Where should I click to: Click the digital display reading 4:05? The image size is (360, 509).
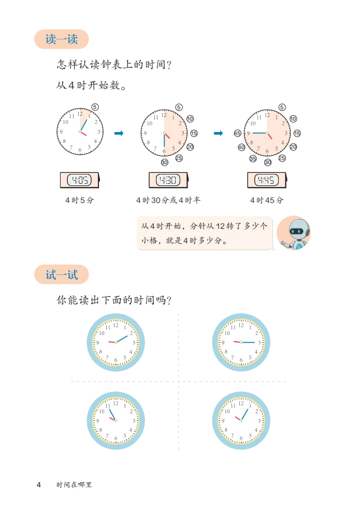pos(80,180)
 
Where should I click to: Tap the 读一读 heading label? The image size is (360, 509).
pos(62,40)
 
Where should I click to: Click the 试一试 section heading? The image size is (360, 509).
pos(62,274)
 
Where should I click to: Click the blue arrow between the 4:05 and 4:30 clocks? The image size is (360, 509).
pos(118,133)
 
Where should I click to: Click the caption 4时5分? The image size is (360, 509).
pos(79,200)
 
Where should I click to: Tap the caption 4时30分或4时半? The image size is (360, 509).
pos(168,200)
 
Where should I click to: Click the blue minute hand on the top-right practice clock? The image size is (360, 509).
pos(249,342)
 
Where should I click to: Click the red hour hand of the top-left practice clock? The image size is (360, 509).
pos(110,342)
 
